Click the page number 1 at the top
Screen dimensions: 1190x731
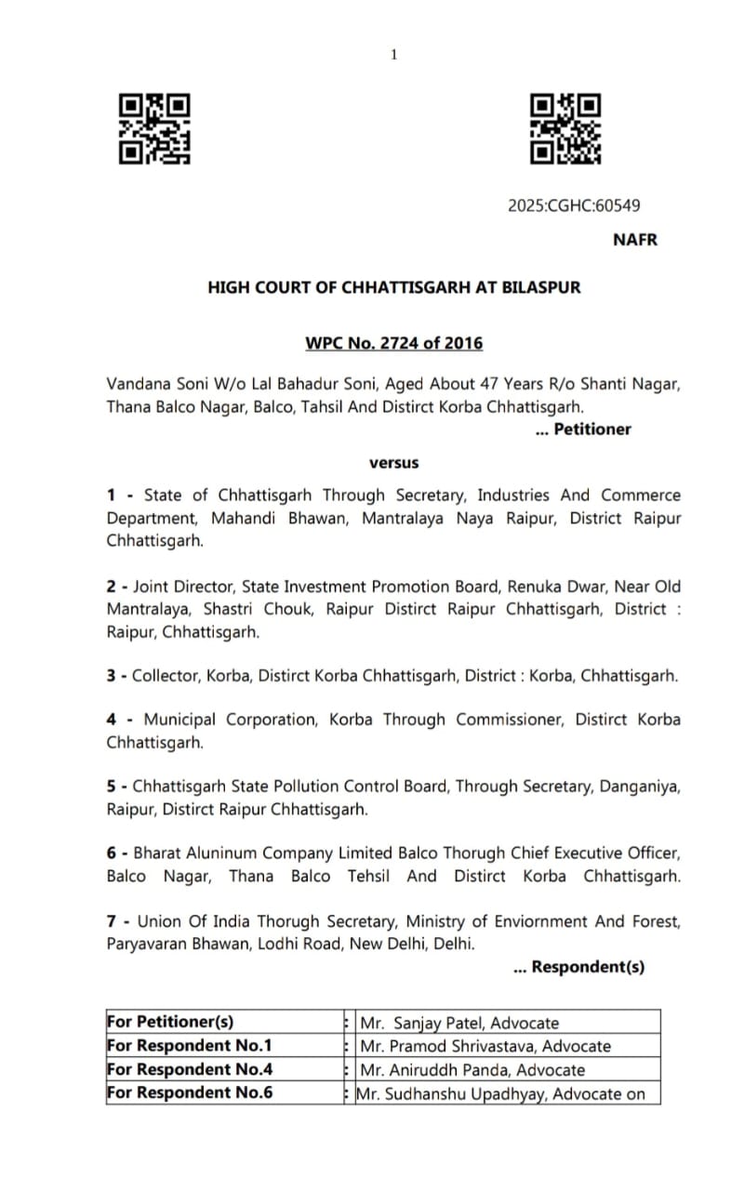pyautogui.click(x=393, y=55)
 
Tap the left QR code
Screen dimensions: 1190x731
pyautogui.click(x=154, y=129)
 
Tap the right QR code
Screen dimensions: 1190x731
pyautogui.click(x=565, y=129)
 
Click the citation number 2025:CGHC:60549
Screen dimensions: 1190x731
pyautogui.click(x=574, y=205)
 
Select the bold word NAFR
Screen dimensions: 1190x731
pyautogui.click(x=635, y=239)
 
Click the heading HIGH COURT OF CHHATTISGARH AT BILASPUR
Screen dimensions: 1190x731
pyautogui.click(x=394, y=287)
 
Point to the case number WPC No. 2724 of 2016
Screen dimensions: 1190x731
pyautogui.click(x=394, y=343)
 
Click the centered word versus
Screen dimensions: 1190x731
pyautogui.click(x=394, y=462)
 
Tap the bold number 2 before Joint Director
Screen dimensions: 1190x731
pyautogui.click(x=111, y=587)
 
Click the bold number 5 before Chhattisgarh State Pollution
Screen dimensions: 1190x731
pyautogui.click(x=111, y=787)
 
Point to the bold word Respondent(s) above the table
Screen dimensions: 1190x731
pyautogui.click(x=588, y=967)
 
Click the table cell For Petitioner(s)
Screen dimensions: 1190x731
pyautogui.click(x=170, y=1022)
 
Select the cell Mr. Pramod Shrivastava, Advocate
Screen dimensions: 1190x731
pyautogui.click(x=485, y=1046)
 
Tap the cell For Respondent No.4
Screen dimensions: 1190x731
pyautogui.click(x=190, y=1069)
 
